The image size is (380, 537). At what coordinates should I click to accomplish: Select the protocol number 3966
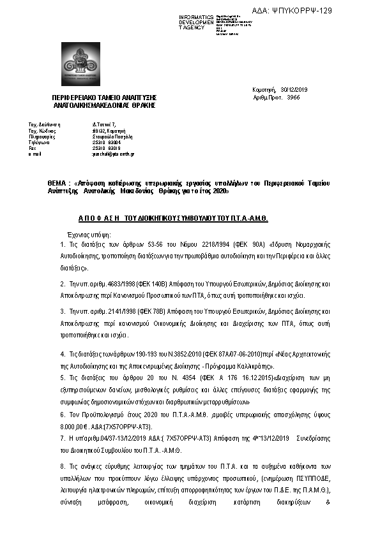(x=293, y=98)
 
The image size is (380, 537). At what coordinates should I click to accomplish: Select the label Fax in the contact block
(x=33, y=148)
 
